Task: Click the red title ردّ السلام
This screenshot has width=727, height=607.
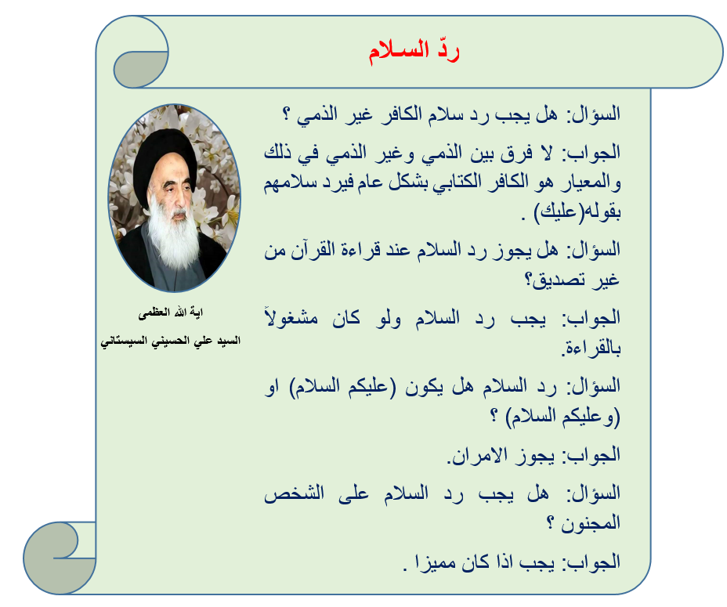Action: click(414, 51)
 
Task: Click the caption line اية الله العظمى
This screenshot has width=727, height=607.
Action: click(170, 313)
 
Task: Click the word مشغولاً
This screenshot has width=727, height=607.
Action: click(291, 318)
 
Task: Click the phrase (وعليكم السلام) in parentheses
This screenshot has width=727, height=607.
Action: click(562, 417)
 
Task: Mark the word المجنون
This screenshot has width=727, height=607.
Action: click(591, 523)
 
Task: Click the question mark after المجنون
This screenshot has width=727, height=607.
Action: click(550, 523)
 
